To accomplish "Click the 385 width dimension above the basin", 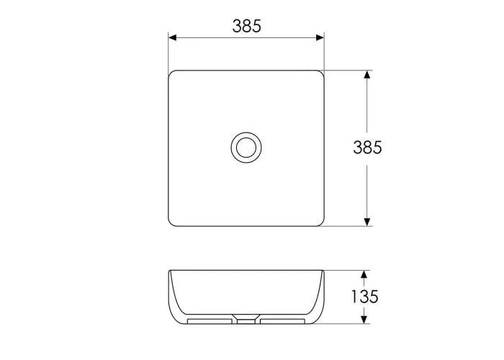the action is pos(246,26).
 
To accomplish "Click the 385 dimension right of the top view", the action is pos(367,148).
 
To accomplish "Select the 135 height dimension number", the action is pos(364,297).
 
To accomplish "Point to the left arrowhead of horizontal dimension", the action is pos(173,38).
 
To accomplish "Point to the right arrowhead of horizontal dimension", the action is pos(320,38).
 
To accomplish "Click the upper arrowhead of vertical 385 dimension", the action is pos(367,75).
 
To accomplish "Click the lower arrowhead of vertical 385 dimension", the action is pos(367,222).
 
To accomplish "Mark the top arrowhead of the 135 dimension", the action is pos(364,274).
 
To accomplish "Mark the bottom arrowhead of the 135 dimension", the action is pos(364,320).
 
